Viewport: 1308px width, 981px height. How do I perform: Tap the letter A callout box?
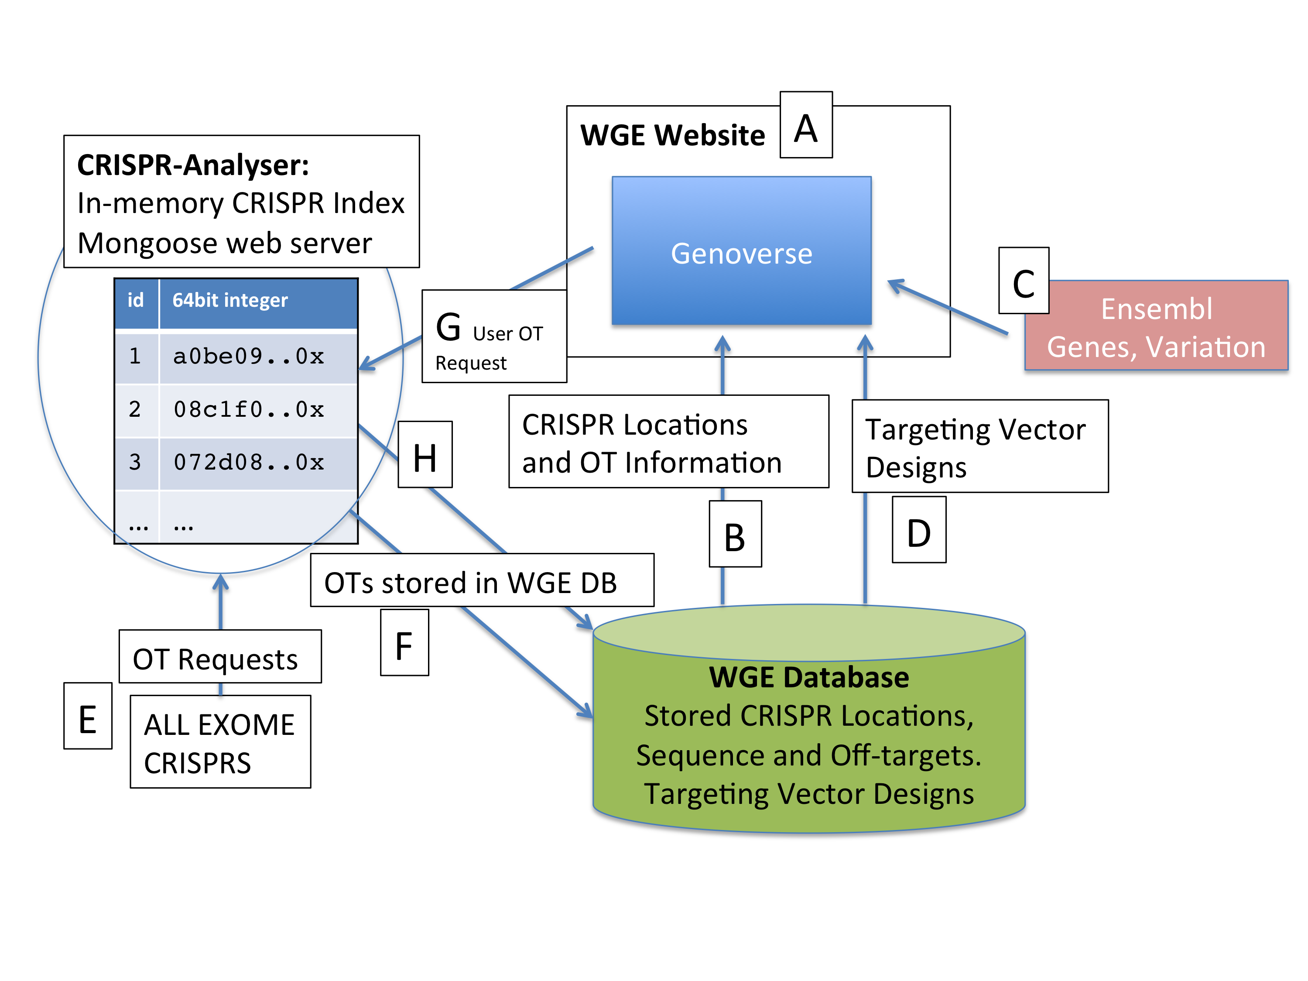click(x=805, y=125)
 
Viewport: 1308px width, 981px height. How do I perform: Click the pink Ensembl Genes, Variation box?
click(x=1156, y=326)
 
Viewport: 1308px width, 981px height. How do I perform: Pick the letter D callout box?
click(x=918, y=530)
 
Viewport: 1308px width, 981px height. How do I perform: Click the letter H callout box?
click(x=425, y=455)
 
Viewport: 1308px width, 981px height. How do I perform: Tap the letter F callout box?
click(x=404, y=643)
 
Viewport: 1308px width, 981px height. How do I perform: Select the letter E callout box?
click(x=88, y=716)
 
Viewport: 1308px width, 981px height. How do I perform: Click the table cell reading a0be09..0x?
click(x=248, y=357)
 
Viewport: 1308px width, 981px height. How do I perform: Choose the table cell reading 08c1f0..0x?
click(x=248, y=409)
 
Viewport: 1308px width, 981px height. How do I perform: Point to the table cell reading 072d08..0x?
click(x=248, y=462)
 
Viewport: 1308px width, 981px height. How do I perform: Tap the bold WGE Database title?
click(x=808, y=678)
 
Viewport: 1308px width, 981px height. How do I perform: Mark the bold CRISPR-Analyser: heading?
click(x=193, y=165)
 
